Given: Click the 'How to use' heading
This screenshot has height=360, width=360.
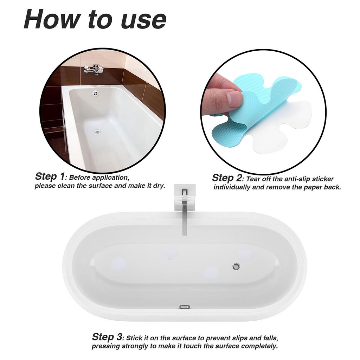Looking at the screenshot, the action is [95, 19].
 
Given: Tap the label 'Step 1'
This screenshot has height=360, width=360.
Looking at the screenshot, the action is [50, 176].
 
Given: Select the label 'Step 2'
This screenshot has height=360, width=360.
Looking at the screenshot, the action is [227, 178].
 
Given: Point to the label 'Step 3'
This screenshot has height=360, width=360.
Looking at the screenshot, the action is [107, 337].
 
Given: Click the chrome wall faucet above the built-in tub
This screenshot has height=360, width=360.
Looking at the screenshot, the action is [94, 69].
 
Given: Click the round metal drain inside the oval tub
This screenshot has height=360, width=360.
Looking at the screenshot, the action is [236, 266].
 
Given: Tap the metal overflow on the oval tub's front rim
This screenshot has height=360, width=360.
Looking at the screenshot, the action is [185, 307].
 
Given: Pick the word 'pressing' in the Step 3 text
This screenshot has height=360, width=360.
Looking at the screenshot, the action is [106, 346].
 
